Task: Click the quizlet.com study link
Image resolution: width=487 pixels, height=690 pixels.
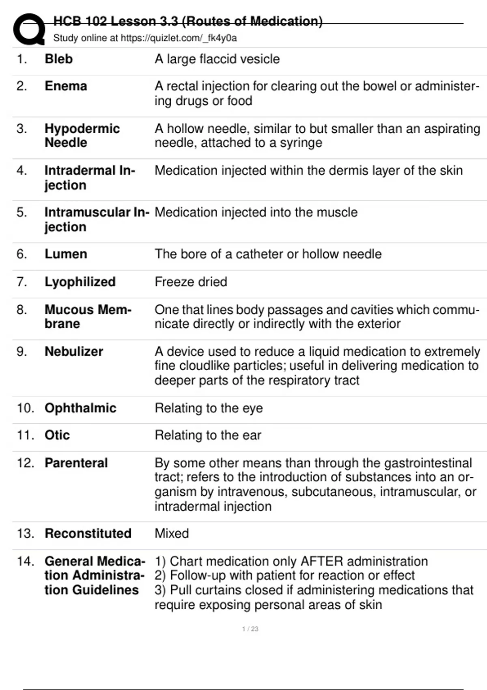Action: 179,38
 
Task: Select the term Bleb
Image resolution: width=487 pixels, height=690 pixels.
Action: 58,59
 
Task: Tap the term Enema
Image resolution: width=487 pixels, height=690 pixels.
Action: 66,86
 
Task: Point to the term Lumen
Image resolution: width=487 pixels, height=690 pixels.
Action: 66,254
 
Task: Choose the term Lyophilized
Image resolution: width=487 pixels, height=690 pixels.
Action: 80,282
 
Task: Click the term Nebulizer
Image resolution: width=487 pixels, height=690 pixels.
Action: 74,351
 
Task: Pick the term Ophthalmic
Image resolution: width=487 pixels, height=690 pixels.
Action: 80,408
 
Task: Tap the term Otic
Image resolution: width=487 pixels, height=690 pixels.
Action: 57,435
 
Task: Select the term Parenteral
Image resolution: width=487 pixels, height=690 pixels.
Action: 76,463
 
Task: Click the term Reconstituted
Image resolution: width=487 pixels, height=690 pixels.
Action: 88,533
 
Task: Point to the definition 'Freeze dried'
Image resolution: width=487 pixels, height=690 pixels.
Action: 191,282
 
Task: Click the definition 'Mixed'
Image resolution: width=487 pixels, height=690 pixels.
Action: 172,533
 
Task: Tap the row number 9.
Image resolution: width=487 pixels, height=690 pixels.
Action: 22,351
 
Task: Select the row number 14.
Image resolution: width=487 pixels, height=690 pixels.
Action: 25,561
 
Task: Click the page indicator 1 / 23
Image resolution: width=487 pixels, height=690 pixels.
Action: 250,629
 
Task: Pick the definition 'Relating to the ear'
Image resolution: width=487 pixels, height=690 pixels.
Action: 208,435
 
